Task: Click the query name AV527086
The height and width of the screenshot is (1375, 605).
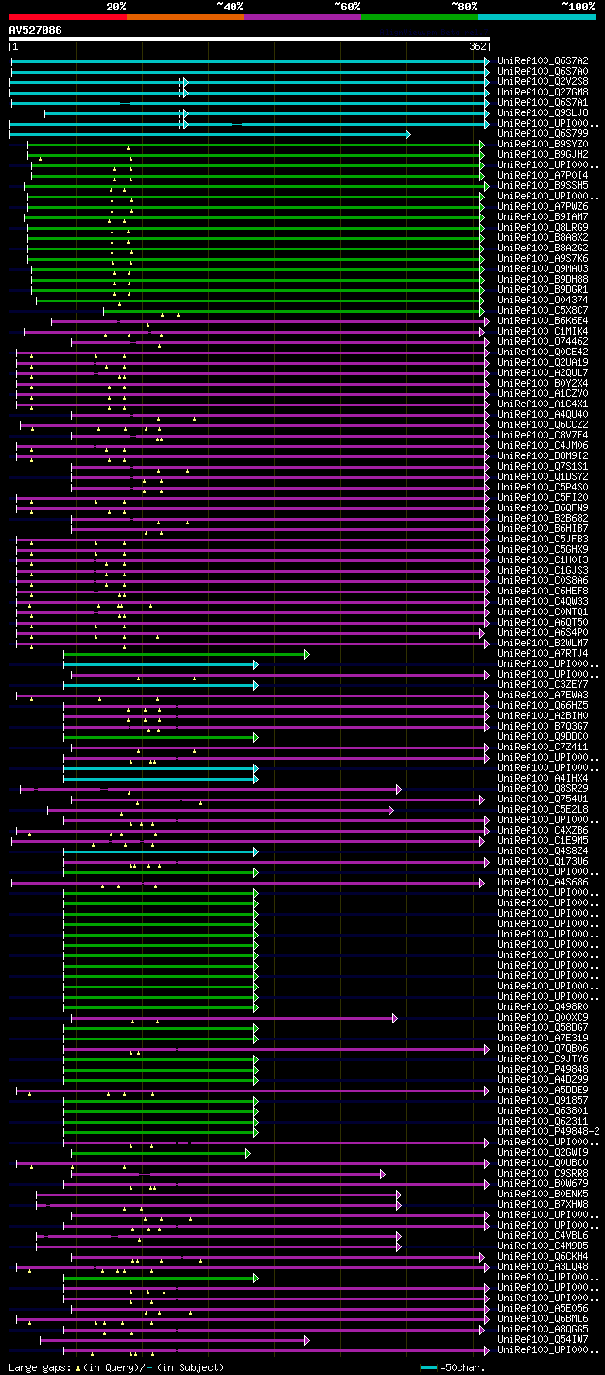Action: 36,30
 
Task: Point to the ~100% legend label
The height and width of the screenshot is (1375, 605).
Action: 579,6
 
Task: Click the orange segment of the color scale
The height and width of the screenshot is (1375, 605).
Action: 184,16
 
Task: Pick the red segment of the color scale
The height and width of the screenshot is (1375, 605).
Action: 67,16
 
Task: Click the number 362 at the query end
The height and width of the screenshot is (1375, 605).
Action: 477,46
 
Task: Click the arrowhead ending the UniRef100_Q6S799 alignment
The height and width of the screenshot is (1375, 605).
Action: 408,134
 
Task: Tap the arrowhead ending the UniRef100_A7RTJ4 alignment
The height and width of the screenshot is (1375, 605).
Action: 306,654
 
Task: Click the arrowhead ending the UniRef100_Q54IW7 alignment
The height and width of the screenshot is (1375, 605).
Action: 306,1340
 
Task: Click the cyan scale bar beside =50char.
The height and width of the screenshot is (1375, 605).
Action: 428,1367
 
